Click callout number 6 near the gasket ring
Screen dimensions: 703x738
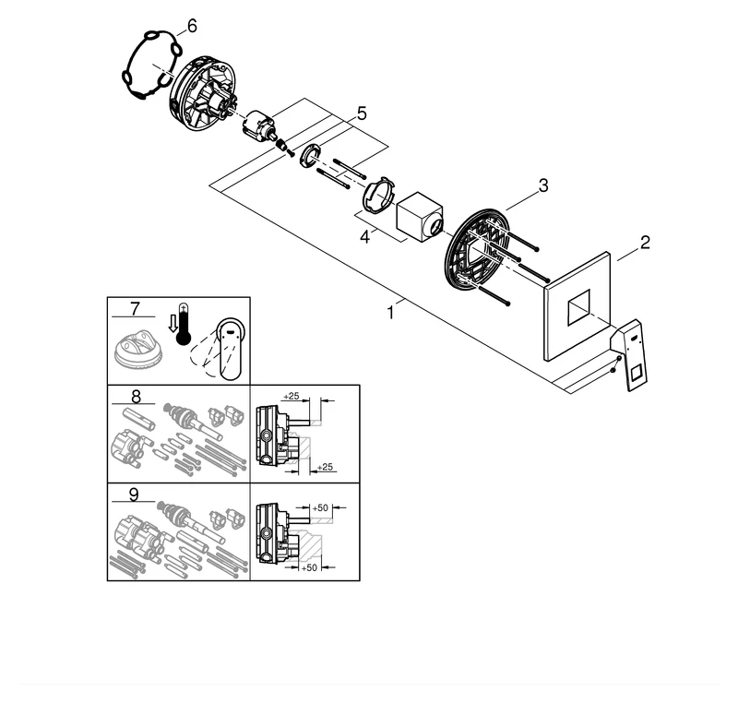click(190, 26)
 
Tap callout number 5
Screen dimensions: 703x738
click(362, 113)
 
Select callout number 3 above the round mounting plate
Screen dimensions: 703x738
click(543, 185)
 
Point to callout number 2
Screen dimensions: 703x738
click(645, 243)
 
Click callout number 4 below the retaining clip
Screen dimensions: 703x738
click(365, 237)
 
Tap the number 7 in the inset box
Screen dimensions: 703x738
click(135, 308)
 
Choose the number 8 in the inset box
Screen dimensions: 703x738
click(136, 398)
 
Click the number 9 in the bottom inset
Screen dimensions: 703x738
click(135, 494)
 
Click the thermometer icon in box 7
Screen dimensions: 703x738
click(184, 324)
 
